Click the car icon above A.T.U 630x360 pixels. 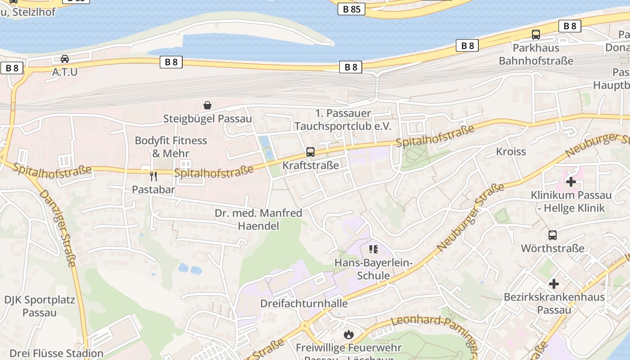coord(65,59)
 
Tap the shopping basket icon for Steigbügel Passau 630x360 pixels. coord(207,105)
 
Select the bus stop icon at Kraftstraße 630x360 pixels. coord(310,152)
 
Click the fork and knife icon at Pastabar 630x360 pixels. coord(153,176)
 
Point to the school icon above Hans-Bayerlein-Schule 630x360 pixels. coord(373,249)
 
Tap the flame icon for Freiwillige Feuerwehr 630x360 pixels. coord(348,334)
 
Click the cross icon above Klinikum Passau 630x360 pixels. coord(571,182)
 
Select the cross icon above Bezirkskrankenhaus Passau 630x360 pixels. coord(554,284)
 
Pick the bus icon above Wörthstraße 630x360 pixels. coord(553,235)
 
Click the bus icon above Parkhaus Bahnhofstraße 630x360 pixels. coord(535,34)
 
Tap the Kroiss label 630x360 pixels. coord(511,152)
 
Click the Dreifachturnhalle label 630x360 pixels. coord(304,303)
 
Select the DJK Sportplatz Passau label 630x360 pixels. coord(40,306)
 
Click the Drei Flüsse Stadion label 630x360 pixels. coord(56,353)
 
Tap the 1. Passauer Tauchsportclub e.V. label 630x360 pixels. coord(343,120)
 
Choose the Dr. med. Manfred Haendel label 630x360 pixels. coord(258,219)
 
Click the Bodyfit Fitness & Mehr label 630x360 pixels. coord(171,147)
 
